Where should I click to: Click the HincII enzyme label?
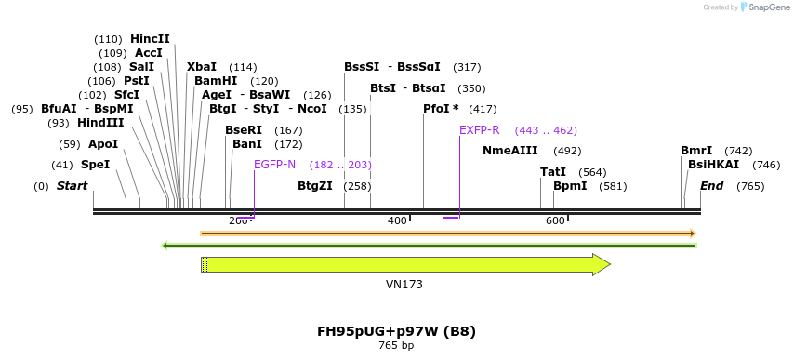point(150,39)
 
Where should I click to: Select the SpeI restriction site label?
point(95,165)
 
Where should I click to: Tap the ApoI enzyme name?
point(103,144)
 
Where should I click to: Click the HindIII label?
point(99,123)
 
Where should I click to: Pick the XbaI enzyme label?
point(201,67)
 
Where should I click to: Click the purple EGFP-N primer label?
point(274,165)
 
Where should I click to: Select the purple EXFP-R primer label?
point(479,130)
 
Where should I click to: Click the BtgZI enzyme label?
point(314,186)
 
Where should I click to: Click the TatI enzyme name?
point(553,172)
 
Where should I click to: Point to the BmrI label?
point(696,151)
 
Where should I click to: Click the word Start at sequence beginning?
point(72,186)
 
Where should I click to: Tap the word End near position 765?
point(711,186)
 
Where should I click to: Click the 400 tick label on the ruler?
point(397,220)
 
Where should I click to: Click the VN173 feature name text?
point(404,284)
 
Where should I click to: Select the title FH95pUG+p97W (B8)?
point(396,330)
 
